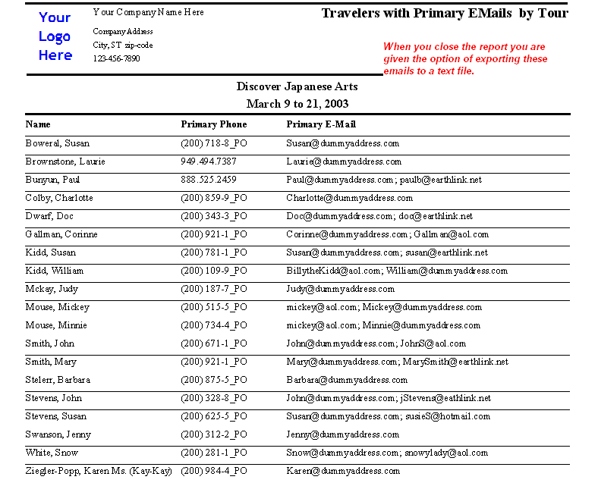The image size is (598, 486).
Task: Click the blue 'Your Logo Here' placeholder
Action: pyautogui.click(x=55, y=36)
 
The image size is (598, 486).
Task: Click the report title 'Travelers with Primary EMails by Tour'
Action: pyautogui.click(x=444, y=13)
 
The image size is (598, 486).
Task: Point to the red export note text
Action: pyautogui.click(x=464, y=58)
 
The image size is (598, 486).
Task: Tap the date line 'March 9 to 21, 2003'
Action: pyautogui.click(x=297, y=103)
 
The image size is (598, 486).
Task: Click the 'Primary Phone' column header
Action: pyautogui.click(x=214, y=124)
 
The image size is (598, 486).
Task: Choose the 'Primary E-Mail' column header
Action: pyautogui.click(x=321, y=124)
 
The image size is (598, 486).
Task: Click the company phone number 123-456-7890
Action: pyautogui.click(x=116, y=58)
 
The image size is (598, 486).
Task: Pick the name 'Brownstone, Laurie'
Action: pyautogui.click(x=65, y=161)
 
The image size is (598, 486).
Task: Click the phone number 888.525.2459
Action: pyautogui.click(x=209, y=180)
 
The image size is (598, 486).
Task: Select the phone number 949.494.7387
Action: pyautogui.click(x=209, y=161)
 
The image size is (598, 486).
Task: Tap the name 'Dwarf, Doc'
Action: pyautogui.click(x=49, y=216)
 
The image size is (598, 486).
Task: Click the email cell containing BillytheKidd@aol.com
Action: pyautogui.click(x=397, y=271)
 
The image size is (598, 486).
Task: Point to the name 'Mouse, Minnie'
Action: pyautogui.click(x=56, y=325)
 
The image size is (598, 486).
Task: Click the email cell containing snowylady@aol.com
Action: pyautogui.click(x=387, y=453)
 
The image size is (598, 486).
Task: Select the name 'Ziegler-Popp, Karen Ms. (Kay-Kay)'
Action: pyautogui.click(x=99, y=471)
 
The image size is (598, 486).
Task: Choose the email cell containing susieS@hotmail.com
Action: pyautogui.click(x=388, y=416)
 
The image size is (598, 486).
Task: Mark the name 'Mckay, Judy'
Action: pyautogui.click(x=52, y=289)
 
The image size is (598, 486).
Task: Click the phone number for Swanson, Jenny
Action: pyautogui.click(x=214, y=434)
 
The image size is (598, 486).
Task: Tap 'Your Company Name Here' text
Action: pyautogui.click(x=148, y=12)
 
